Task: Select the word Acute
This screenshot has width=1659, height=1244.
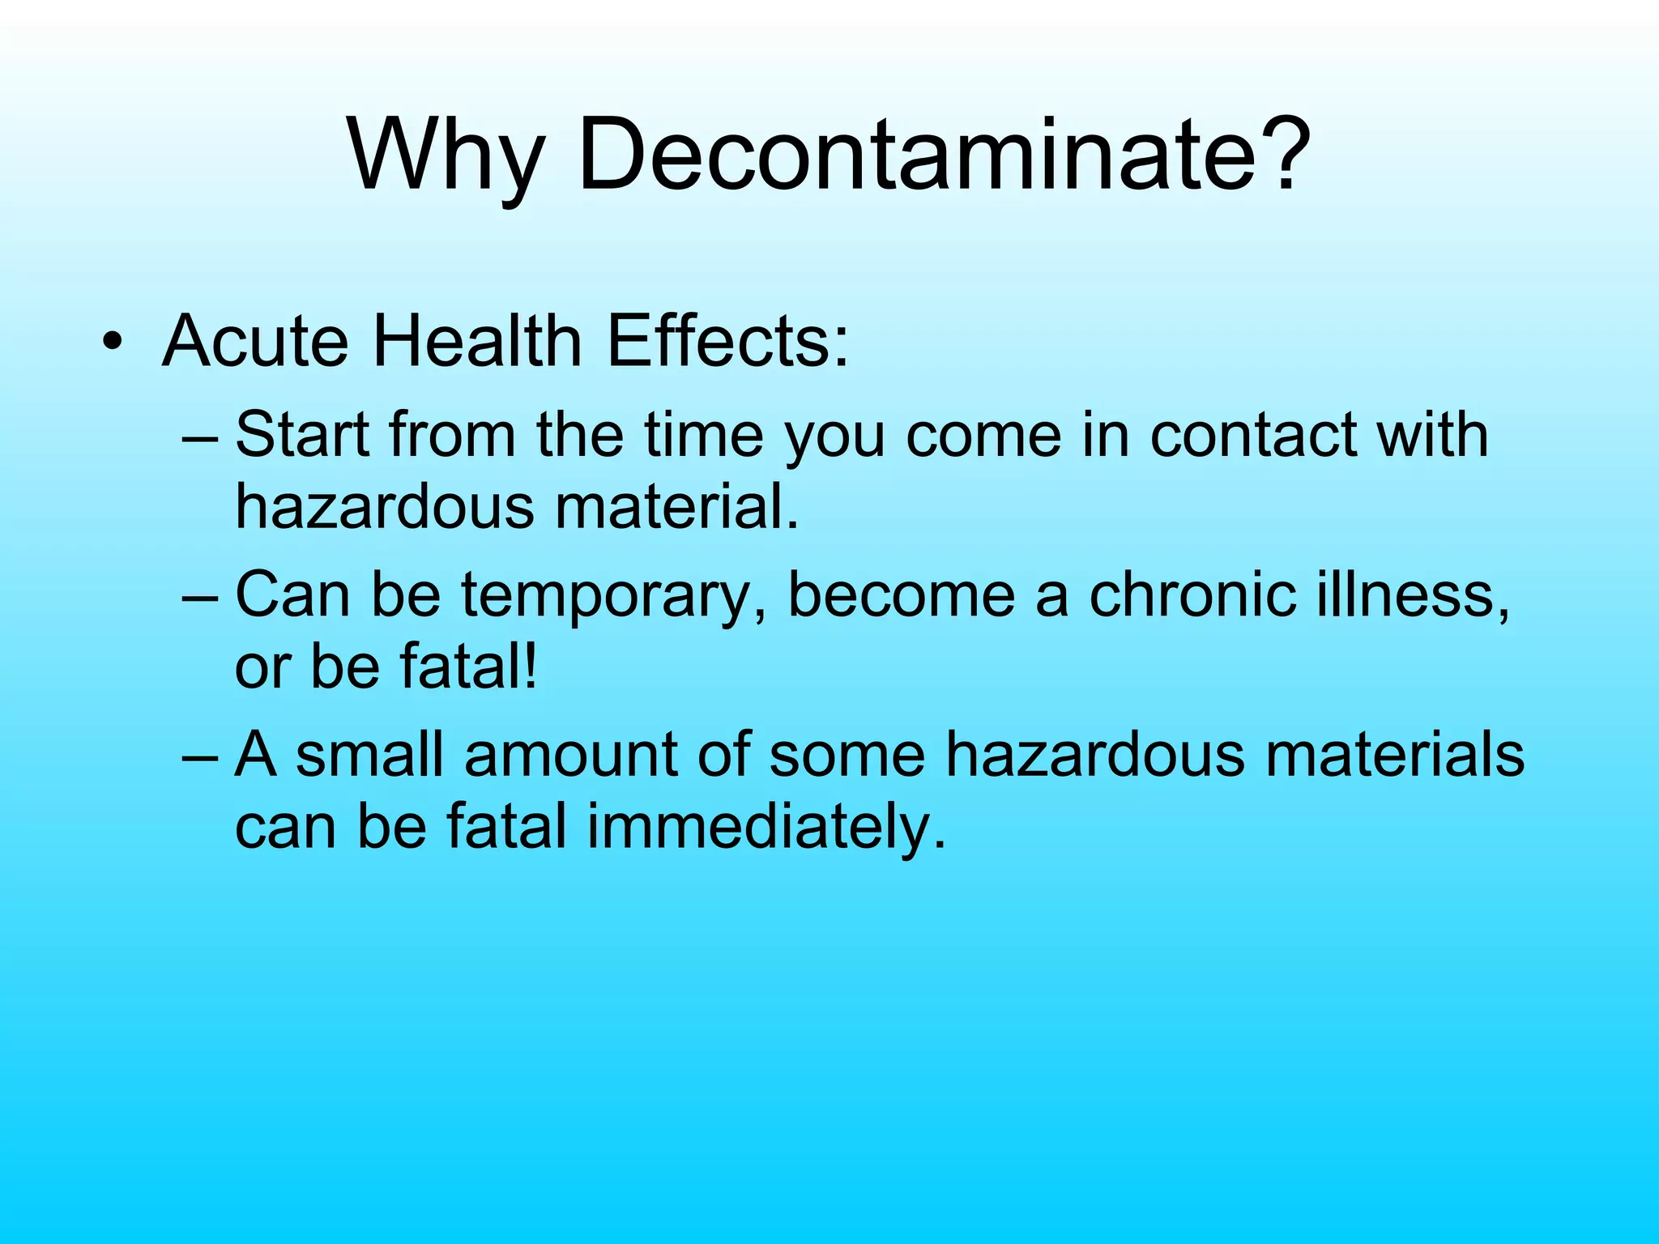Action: tap(255, 340)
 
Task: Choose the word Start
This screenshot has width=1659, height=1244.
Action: tap(302, 435)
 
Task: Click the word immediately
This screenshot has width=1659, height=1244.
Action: tap(766, 828)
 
